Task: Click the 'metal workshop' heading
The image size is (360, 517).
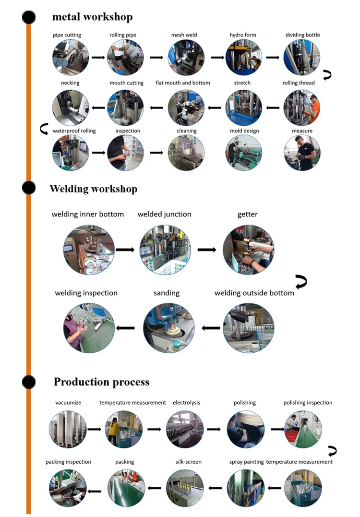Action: (92, 17)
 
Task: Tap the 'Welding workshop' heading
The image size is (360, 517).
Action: (93, 189)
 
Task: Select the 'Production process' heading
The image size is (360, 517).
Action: (101, 382)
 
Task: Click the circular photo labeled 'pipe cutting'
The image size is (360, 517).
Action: (71, 58)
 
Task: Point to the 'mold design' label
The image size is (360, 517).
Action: (244, 131)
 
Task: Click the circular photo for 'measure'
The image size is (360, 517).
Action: (302, 153)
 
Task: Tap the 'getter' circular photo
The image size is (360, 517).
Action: (248, 250)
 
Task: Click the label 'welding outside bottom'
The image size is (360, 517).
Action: (254, 293)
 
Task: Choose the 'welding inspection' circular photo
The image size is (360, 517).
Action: (89, 328)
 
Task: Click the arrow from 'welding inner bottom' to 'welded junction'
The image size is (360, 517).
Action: (125, 250)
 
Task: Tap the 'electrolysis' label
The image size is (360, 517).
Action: (187, 403)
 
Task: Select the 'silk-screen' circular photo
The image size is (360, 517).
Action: (185, 488)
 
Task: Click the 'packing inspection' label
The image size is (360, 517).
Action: (68, 462)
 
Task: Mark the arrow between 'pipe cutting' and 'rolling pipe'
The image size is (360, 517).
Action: (98, 58)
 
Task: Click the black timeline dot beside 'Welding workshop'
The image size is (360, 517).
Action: (29, 187)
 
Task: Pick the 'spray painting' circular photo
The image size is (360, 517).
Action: (245, 488)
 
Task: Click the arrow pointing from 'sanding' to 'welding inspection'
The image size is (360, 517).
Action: (126, 328)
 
